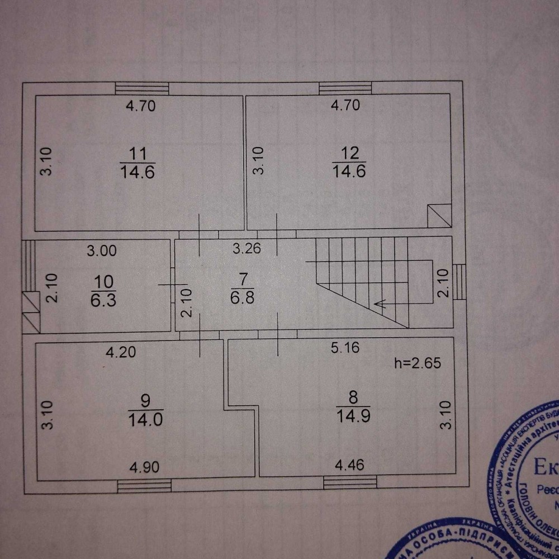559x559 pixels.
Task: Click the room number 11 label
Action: tap(137, 153)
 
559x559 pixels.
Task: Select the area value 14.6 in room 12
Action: tap(349, 171)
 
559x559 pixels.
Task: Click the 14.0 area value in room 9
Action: tap(145, 419)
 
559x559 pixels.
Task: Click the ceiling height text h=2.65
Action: tap(418, 363)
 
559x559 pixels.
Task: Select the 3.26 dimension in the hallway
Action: tap(247, 249)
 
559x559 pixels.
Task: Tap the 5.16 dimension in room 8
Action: tap(345, 348)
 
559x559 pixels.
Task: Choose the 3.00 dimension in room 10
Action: tap(102, 251)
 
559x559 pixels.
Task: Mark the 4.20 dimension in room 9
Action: tap(121, 352)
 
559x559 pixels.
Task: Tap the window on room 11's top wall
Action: tap(142, 88)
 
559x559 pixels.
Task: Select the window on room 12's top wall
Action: tap(345, 88)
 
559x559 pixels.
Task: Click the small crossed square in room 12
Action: tap(439, 216)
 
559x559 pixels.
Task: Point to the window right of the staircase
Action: tap(458, 281)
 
